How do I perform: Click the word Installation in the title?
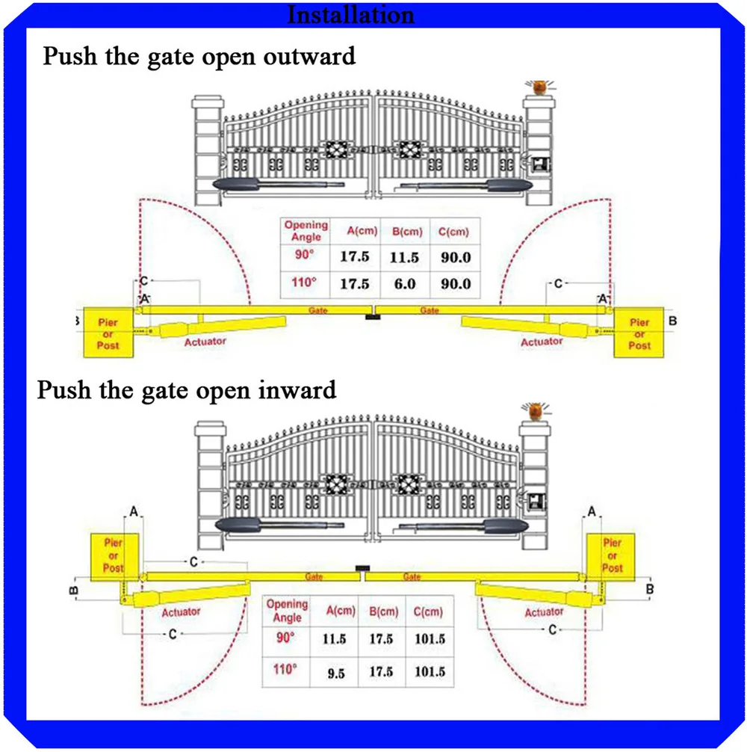[x=350, y=14]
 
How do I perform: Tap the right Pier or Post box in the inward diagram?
[x=612, y=555]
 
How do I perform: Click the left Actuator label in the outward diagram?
[x=205, y=341]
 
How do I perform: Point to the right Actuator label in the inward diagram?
[x=543, y=612]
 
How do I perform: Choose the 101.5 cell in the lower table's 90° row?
[x=428, y=641]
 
